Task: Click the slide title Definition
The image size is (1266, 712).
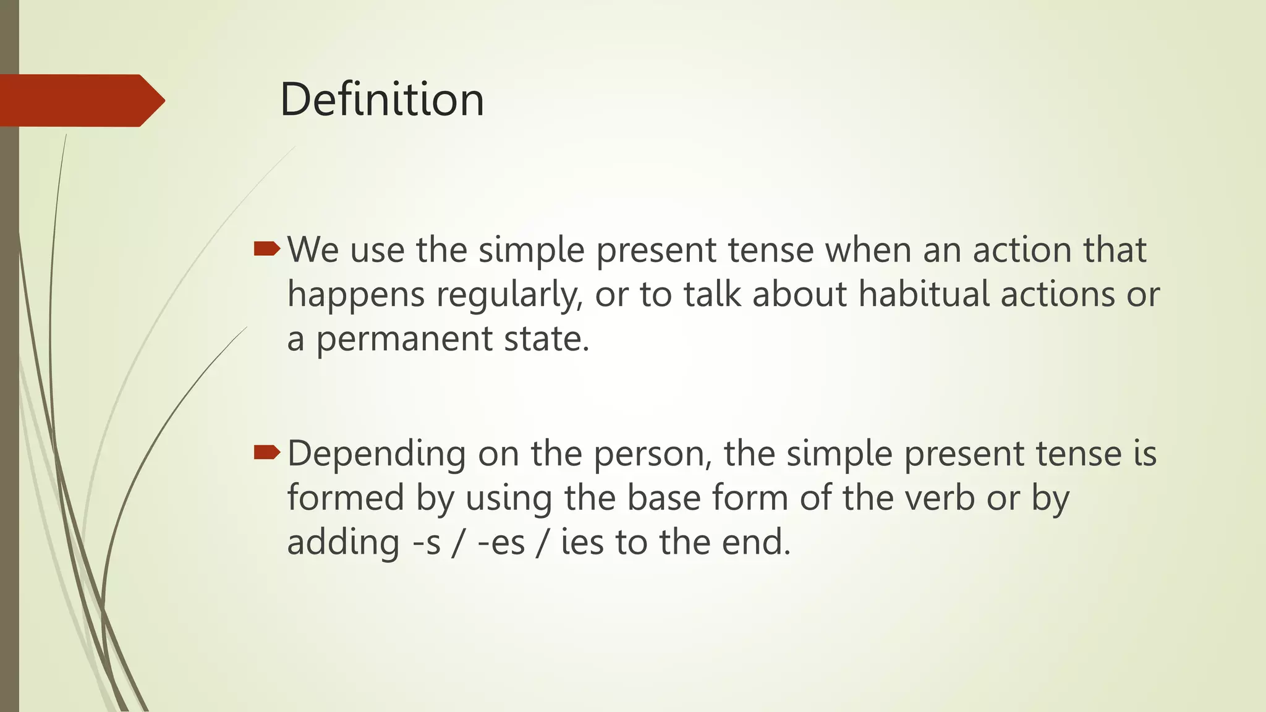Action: pos(381,100)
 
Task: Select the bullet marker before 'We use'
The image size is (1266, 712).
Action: pos(267,249)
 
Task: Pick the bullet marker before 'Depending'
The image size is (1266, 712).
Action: pos(267,453)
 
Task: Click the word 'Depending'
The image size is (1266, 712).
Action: pos(376,454)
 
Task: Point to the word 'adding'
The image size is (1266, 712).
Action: pos(343,543)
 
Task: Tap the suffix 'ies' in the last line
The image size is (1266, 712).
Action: pos(582,542)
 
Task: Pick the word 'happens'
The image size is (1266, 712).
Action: pos(356,295)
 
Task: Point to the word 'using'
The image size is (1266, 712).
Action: pos(508,499)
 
